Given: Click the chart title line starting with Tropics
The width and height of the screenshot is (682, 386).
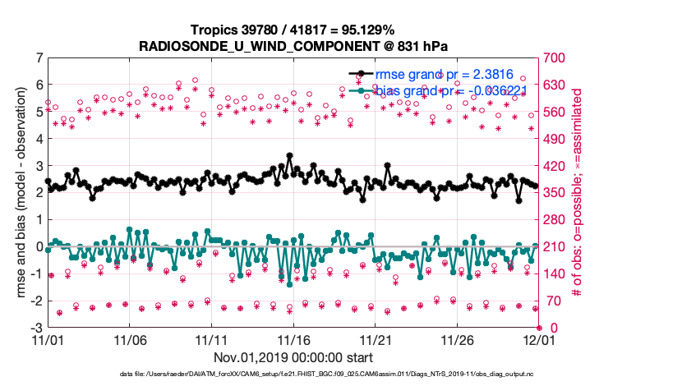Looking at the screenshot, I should coord(293,30).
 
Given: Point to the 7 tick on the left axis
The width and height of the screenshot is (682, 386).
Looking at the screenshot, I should coord(39,58).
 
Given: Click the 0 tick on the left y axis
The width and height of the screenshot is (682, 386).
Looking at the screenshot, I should coord(39,246).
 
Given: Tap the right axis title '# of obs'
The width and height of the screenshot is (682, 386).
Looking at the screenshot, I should coord(578,193).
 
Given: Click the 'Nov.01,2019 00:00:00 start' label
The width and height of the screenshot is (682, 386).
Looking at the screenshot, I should coord(293,358).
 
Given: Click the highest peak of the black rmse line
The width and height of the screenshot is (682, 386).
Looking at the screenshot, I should coord(289,154).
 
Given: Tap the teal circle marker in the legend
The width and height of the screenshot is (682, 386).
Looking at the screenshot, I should coord(360,90).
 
